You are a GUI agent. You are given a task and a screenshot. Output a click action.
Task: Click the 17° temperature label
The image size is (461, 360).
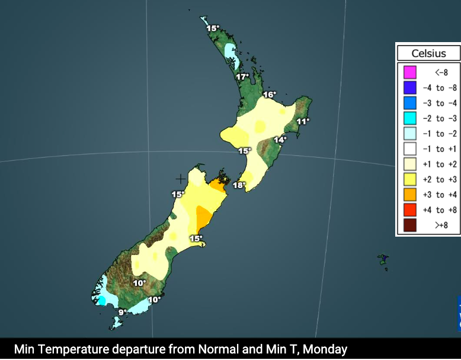click(x=242, y=77)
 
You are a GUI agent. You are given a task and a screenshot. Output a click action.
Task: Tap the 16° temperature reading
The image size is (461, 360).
click(x=270, y=95)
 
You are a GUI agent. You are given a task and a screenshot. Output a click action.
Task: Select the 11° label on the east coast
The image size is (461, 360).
click(x=303, y=122)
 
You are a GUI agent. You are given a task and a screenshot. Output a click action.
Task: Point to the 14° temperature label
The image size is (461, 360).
click(x=280, y=139)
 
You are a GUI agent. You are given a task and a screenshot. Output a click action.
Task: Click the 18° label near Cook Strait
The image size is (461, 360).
click(x=239, y=185)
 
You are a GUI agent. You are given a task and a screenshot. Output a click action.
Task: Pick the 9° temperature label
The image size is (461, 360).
click(x=122, y=313)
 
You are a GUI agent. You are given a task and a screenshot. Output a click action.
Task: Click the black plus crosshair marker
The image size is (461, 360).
click(x=180, y=179)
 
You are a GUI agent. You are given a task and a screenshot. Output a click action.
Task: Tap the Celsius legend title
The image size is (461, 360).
click(x=428, y=53)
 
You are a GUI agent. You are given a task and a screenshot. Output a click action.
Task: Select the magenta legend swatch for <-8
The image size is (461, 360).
click(x=409, y=72)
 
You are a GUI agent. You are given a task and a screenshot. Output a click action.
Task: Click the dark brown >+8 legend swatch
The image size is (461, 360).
click(x=409, y=225)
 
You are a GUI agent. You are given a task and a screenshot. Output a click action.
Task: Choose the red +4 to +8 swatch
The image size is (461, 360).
click(x=409, y=210)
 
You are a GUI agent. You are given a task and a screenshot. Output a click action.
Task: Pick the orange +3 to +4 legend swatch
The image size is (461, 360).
click(x=409, y=195)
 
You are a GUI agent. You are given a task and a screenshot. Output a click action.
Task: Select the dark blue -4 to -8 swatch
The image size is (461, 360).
click(x=409, y=88)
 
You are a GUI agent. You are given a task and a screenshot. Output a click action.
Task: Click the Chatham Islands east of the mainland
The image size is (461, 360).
click(x=383, y=260)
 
